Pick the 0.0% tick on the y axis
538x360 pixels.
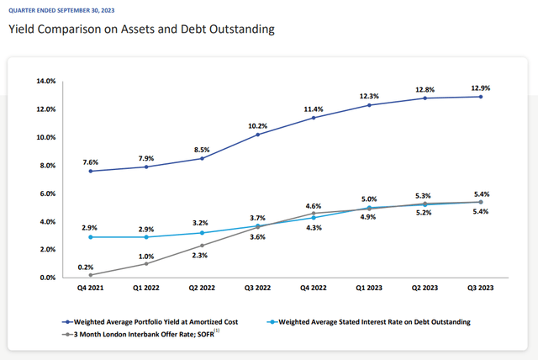(47, 278)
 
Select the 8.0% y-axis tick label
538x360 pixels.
(47, 165)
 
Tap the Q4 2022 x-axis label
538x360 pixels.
(312, 288)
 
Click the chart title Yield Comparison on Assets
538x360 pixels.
(141, 29)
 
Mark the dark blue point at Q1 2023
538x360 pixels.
(367, 104)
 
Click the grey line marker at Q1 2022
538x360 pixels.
(145, 263)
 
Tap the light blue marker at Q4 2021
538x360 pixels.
(90, 237)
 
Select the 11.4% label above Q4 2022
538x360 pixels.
(313, 109)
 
